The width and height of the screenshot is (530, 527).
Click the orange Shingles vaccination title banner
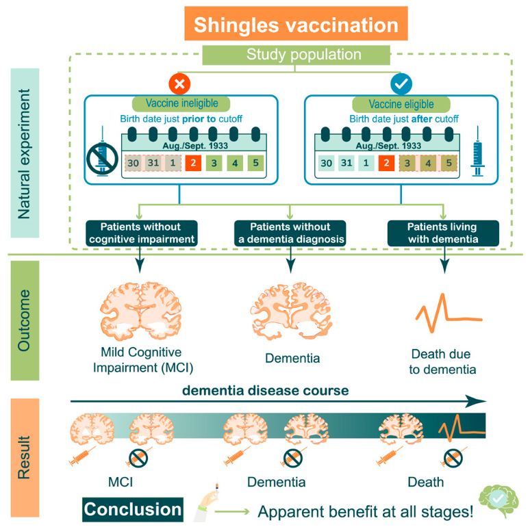(x=296, y=25)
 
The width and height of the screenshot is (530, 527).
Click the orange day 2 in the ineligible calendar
(x=194, y=164)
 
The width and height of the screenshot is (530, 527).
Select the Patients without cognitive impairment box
(x=142, y=233)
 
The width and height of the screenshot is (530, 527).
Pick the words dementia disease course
(x=265, y=391)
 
